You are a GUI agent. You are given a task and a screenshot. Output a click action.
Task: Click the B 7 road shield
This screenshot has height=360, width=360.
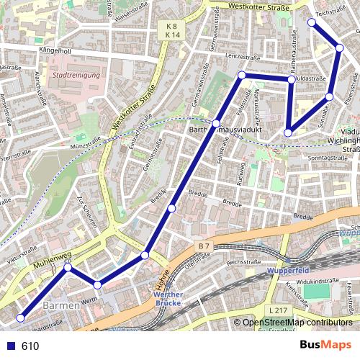tap(203, 247)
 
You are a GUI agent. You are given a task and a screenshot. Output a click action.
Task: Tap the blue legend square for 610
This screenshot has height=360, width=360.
tap(12, 346)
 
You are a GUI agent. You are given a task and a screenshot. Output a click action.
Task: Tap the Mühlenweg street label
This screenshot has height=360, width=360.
tap(50, 263)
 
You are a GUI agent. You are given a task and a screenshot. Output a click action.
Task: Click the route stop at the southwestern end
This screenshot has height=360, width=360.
tap(21, 318)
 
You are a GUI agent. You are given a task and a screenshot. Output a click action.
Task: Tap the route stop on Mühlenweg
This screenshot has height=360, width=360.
tap(68, 268)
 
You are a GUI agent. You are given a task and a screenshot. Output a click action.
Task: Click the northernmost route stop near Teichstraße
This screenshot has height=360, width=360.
tap(312, 22)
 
